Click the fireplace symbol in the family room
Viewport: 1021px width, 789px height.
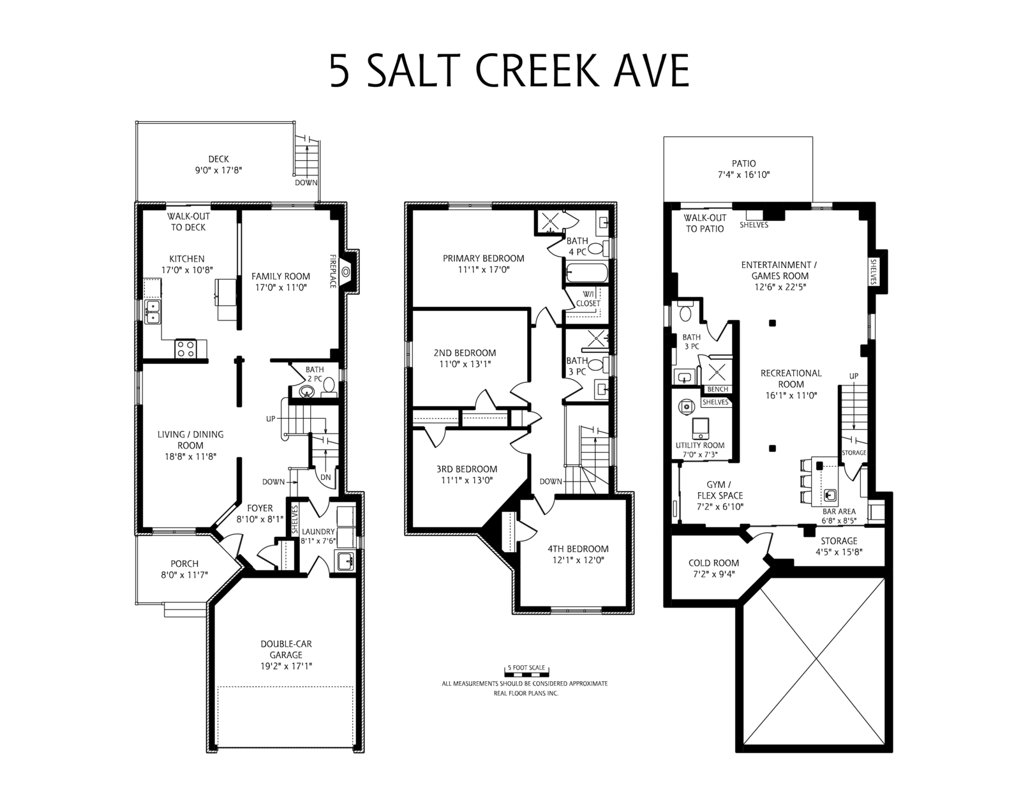(347, 271)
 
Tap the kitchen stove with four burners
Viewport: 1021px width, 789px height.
(185, 349)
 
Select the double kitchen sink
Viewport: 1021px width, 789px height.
(153, 312)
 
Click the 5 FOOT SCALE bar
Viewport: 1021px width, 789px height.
(526, 673)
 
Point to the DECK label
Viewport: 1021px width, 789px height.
(218, 160)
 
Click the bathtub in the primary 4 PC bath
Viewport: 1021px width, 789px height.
(587, 273)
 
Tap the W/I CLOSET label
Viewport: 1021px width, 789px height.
(588, 299)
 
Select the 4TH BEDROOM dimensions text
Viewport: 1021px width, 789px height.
(578, 560)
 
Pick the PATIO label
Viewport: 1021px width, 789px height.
(744, 163)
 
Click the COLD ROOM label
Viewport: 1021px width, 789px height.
(713, 563)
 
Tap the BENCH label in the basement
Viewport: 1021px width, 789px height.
(717, 389)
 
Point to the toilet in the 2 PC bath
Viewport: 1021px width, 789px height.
(329, 386)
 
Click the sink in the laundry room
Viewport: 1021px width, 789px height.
(347, 560)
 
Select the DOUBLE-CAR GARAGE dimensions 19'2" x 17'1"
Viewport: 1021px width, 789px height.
(286, 666)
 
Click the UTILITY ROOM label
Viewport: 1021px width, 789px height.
(700, 445)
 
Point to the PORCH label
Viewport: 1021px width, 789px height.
(184, 564)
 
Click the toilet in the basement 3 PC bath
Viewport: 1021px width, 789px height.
(685, 312)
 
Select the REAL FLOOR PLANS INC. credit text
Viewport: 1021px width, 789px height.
(526, 693)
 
